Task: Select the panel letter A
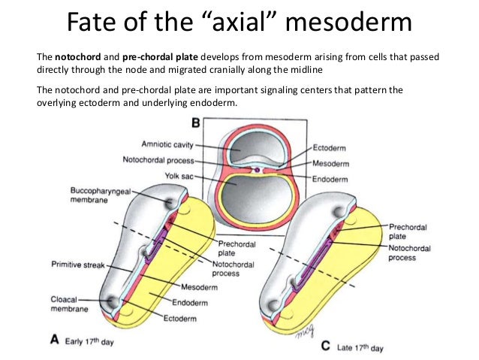click(54, 339)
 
